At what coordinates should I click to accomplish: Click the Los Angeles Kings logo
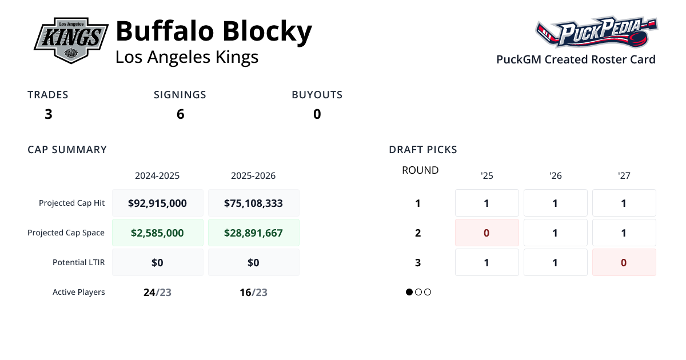pos(71,40)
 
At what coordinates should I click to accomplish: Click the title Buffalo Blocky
pos(214,31)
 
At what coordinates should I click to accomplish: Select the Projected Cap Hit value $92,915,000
pos(158,203)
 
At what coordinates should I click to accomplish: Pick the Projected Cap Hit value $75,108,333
pos(253,203)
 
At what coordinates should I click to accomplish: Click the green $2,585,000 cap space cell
pos(158,233)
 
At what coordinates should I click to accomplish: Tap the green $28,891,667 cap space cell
pos(253,233)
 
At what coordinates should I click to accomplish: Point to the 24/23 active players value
pos(157,293)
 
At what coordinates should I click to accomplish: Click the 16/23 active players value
pos(253,293)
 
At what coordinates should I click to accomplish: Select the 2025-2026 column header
pos(253,175)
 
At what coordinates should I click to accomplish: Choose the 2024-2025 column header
pos(157,175)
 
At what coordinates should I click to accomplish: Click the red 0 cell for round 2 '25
pos(486,233)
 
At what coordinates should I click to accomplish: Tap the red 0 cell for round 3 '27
pos(624,262)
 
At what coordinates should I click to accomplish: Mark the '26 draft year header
pos(555,175)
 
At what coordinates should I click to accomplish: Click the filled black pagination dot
pos(409,292)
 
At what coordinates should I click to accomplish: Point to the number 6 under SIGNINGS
pos(180,114)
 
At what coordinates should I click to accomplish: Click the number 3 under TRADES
pos(48,114)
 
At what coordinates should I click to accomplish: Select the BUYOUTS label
pos(317,95)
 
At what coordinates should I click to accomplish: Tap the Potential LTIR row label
pos(79,262)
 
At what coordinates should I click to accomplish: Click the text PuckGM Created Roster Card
pos(576,59)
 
